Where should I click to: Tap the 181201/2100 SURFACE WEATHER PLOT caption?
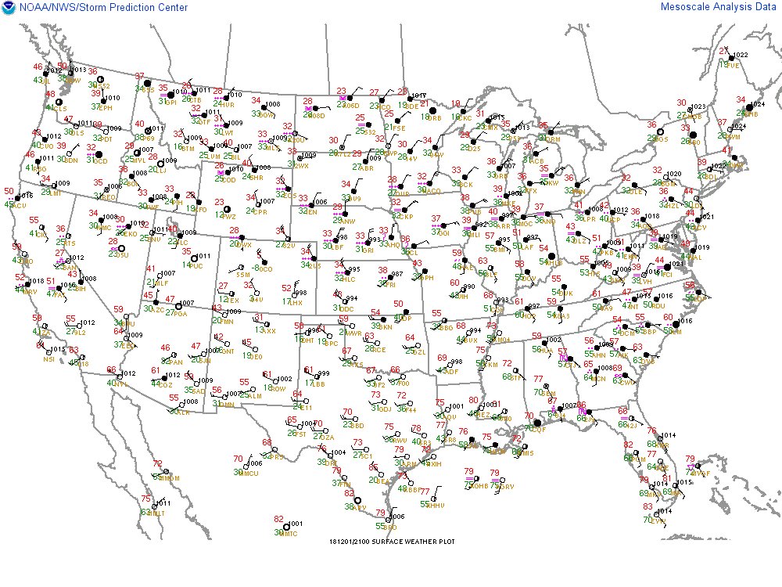pyautogui.click(x=392, y=541)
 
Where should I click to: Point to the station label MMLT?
pyautogui.click(x=159, y=513)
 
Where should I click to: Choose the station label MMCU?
pyautogui.click(x=249, y=473)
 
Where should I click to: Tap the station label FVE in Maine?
pyautogui.click(x=734, y=67)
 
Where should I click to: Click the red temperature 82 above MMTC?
pyautogui.click(x=278, y=519)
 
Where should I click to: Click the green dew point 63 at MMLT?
pyautogui.click(x=145, y=513)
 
